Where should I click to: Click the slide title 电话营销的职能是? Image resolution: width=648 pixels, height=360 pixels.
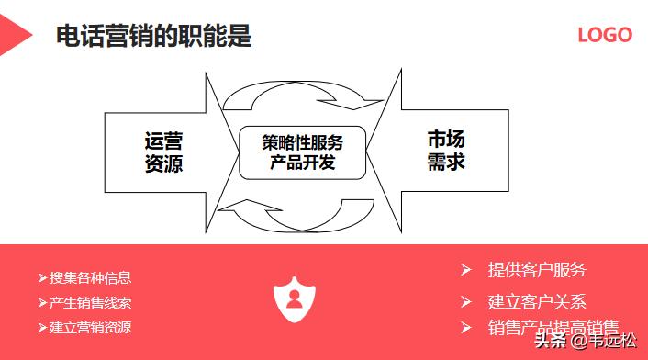tap(154, 37)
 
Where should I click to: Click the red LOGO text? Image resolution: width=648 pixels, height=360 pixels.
tap(605, 35)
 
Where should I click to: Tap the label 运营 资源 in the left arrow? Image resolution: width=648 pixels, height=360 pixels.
tap(163, 152)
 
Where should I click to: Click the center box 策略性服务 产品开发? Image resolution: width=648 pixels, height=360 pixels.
tap(303, 152)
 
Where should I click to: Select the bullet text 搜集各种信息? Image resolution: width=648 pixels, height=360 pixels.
tap(90, 278)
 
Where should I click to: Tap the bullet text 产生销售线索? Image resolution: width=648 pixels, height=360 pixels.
tap(90, 303)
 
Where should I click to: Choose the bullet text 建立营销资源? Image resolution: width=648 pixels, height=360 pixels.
tap(90, 327)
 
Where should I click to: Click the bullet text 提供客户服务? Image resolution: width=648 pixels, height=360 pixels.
tap(537, 270)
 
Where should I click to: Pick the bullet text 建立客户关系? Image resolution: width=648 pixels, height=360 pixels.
tap(537, 301)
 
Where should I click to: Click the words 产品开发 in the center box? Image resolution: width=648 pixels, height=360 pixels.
tap(303, 163)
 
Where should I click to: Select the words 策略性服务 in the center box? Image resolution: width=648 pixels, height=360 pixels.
tap(303, 142)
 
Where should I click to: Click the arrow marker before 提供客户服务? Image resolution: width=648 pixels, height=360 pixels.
tap(466, 269)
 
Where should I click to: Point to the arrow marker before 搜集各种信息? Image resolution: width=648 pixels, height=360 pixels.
tap(42, 278)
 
